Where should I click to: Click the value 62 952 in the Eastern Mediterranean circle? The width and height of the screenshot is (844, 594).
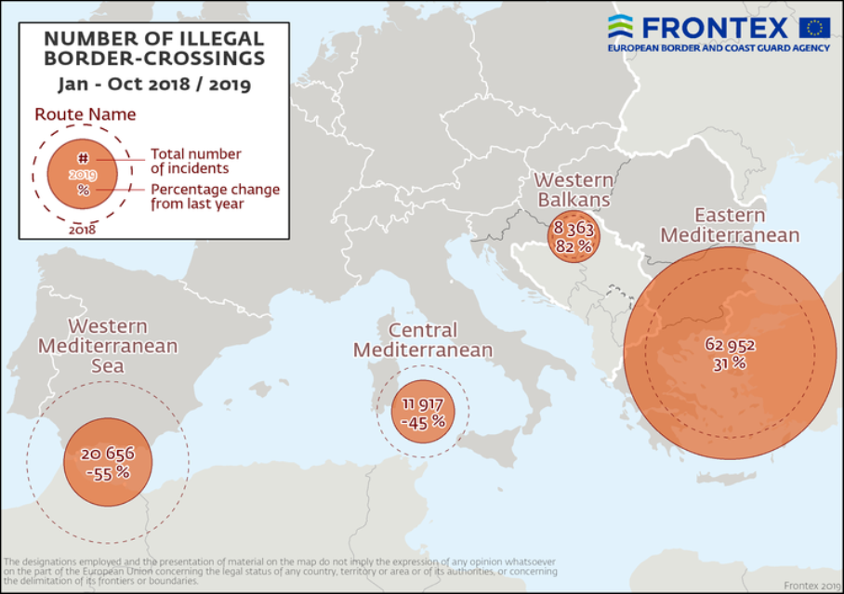tap(730, 345)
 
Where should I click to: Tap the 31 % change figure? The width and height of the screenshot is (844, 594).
tap(730, 363)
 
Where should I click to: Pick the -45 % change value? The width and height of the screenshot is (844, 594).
tap(423, 422)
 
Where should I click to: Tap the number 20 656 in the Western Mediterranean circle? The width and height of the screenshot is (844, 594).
tap(108, 454)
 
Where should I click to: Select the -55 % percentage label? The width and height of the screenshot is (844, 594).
tap(108, 472)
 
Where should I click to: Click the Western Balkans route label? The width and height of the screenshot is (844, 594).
tap(573, 190)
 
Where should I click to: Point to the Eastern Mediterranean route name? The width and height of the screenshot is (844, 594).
tap(729, 226)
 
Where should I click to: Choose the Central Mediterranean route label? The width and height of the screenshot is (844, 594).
tap(423, 340)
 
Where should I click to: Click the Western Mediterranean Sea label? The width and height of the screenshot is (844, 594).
tap(107, 346)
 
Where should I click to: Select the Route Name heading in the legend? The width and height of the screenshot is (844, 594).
tap(86, 115)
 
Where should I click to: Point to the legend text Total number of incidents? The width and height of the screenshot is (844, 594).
tap(196, 161)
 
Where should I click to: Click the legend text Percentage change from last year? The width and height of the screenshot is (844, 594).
tap(215, 196)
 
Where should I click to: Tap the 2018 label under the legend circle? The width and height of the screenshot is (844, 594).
tap(83, 229)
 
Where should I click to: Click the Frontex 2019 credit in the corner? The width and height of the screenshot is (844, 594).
tap(811, 585)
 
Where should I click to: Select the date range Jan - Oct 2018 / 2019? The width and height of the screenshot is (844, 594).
tap(153, 84)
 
